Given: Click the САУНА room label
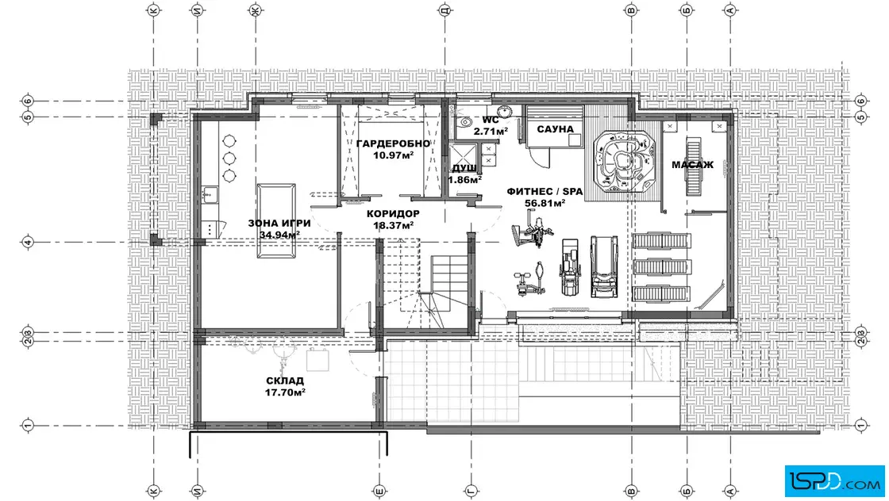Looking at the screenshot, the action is [x=555, y=129].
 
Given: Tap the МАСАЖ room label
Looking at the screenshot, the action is [x=692, y=165].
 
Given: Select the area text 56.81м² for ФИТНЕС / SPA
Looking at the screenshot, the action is [x=545, y=203].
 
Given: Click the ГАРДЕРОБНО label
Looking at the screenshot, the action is [x=393, y=143].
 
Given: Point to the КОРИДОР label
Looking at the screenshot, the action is [x=393, y=214].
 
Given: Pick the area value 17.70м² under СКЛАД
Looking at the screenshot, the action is [x=285, y=392].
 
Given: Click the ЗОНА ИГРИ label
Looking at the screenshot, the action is [x=279, y=224].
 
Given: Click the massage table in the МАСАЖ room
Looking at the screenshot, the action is [x=692, y=166].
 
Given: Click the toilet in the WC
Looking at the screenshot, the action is [x=464, y=122].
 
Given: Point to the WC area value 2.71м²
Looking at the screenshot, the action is [x=491, y=132].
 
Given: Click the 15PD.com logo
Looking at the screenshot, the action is [x=834, y=481].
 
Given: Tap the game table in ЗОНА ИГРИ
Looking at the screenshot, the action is [x=275, y=221].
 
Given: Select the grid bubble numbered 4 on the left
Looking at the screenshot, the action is [x=28, y=243].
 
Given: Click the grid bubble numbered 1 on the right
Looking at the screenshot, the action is [x=861, y=425].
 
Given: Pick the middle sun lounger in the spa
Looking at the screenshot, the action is [x=661, y=267].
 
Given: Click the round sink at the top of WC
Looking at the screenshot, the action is [x=504, y=110].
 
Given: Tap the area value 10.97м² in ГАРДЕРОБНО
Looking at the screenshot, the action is [x=393, y=155].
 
